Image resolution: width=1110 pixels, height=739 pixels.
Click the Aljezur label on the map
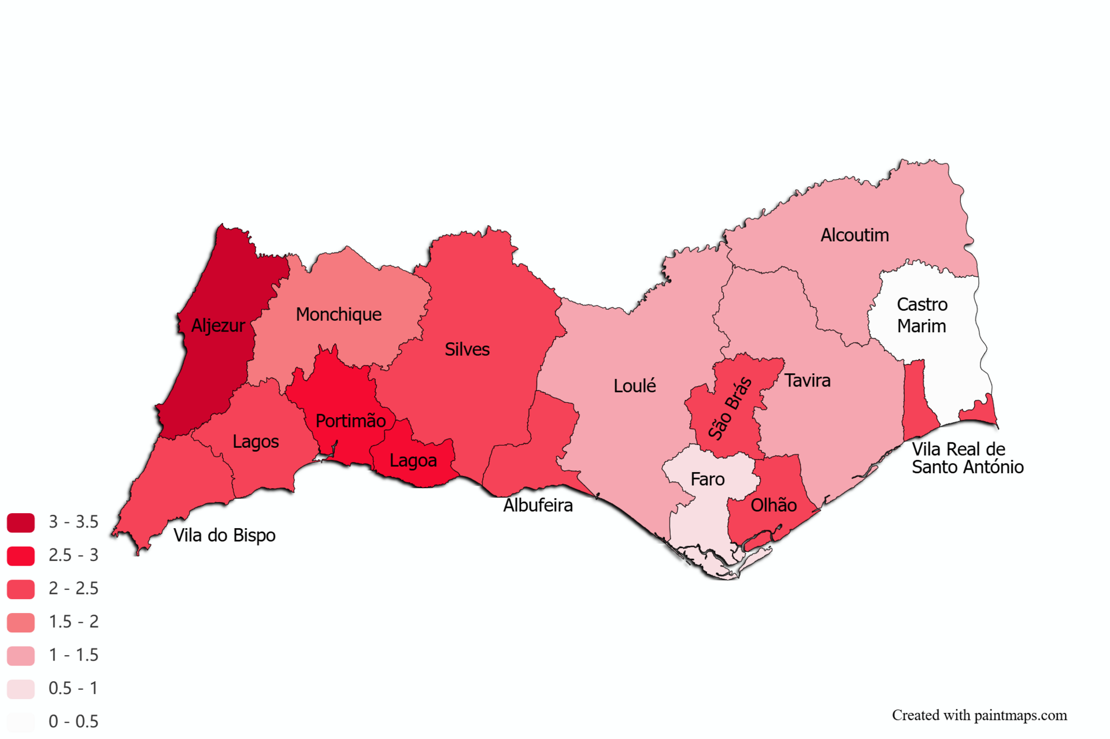217,326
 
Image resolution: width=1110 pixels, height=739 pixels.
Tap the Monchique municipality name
339,314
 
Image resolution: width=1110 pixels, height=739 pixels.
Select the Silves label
467,350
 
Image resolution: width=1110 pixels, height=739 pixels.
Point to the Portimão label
350,421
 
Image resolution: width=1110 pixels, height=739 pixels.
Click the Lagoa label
413,461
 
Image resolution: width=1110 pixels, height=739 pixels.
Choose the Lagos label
256,441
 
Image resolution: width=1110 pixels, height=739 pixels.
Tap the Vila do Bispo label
224,535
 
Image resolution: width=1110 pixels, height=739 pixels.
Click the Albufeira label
538,505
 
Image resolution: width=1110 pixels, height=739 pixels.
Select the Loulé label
634,386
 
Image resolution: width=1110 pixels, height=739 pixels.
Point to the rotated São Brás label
730,408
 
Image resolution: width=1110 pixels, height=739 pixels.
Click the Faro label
707,479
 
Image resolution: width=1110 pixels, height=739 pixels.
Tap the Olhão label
774,505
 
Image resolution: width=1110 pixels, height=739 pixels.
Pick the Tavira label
807,380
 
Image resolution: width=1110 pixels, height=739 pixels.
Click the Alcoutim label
854,235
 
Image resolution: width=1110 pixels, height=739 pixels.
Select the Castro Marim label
922,315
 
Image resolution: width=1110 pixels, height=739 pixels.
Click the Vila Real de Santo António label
967,458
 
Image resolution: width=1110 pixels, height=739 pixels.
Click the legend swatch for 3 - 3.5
21,522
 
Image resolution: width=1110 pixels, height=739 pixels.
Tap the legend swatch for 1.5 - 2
21,622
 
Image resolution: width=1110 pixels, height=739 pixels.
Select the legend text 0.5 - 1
73,688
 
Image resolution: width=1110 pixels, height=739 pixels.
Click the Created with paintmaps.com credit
979,715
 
